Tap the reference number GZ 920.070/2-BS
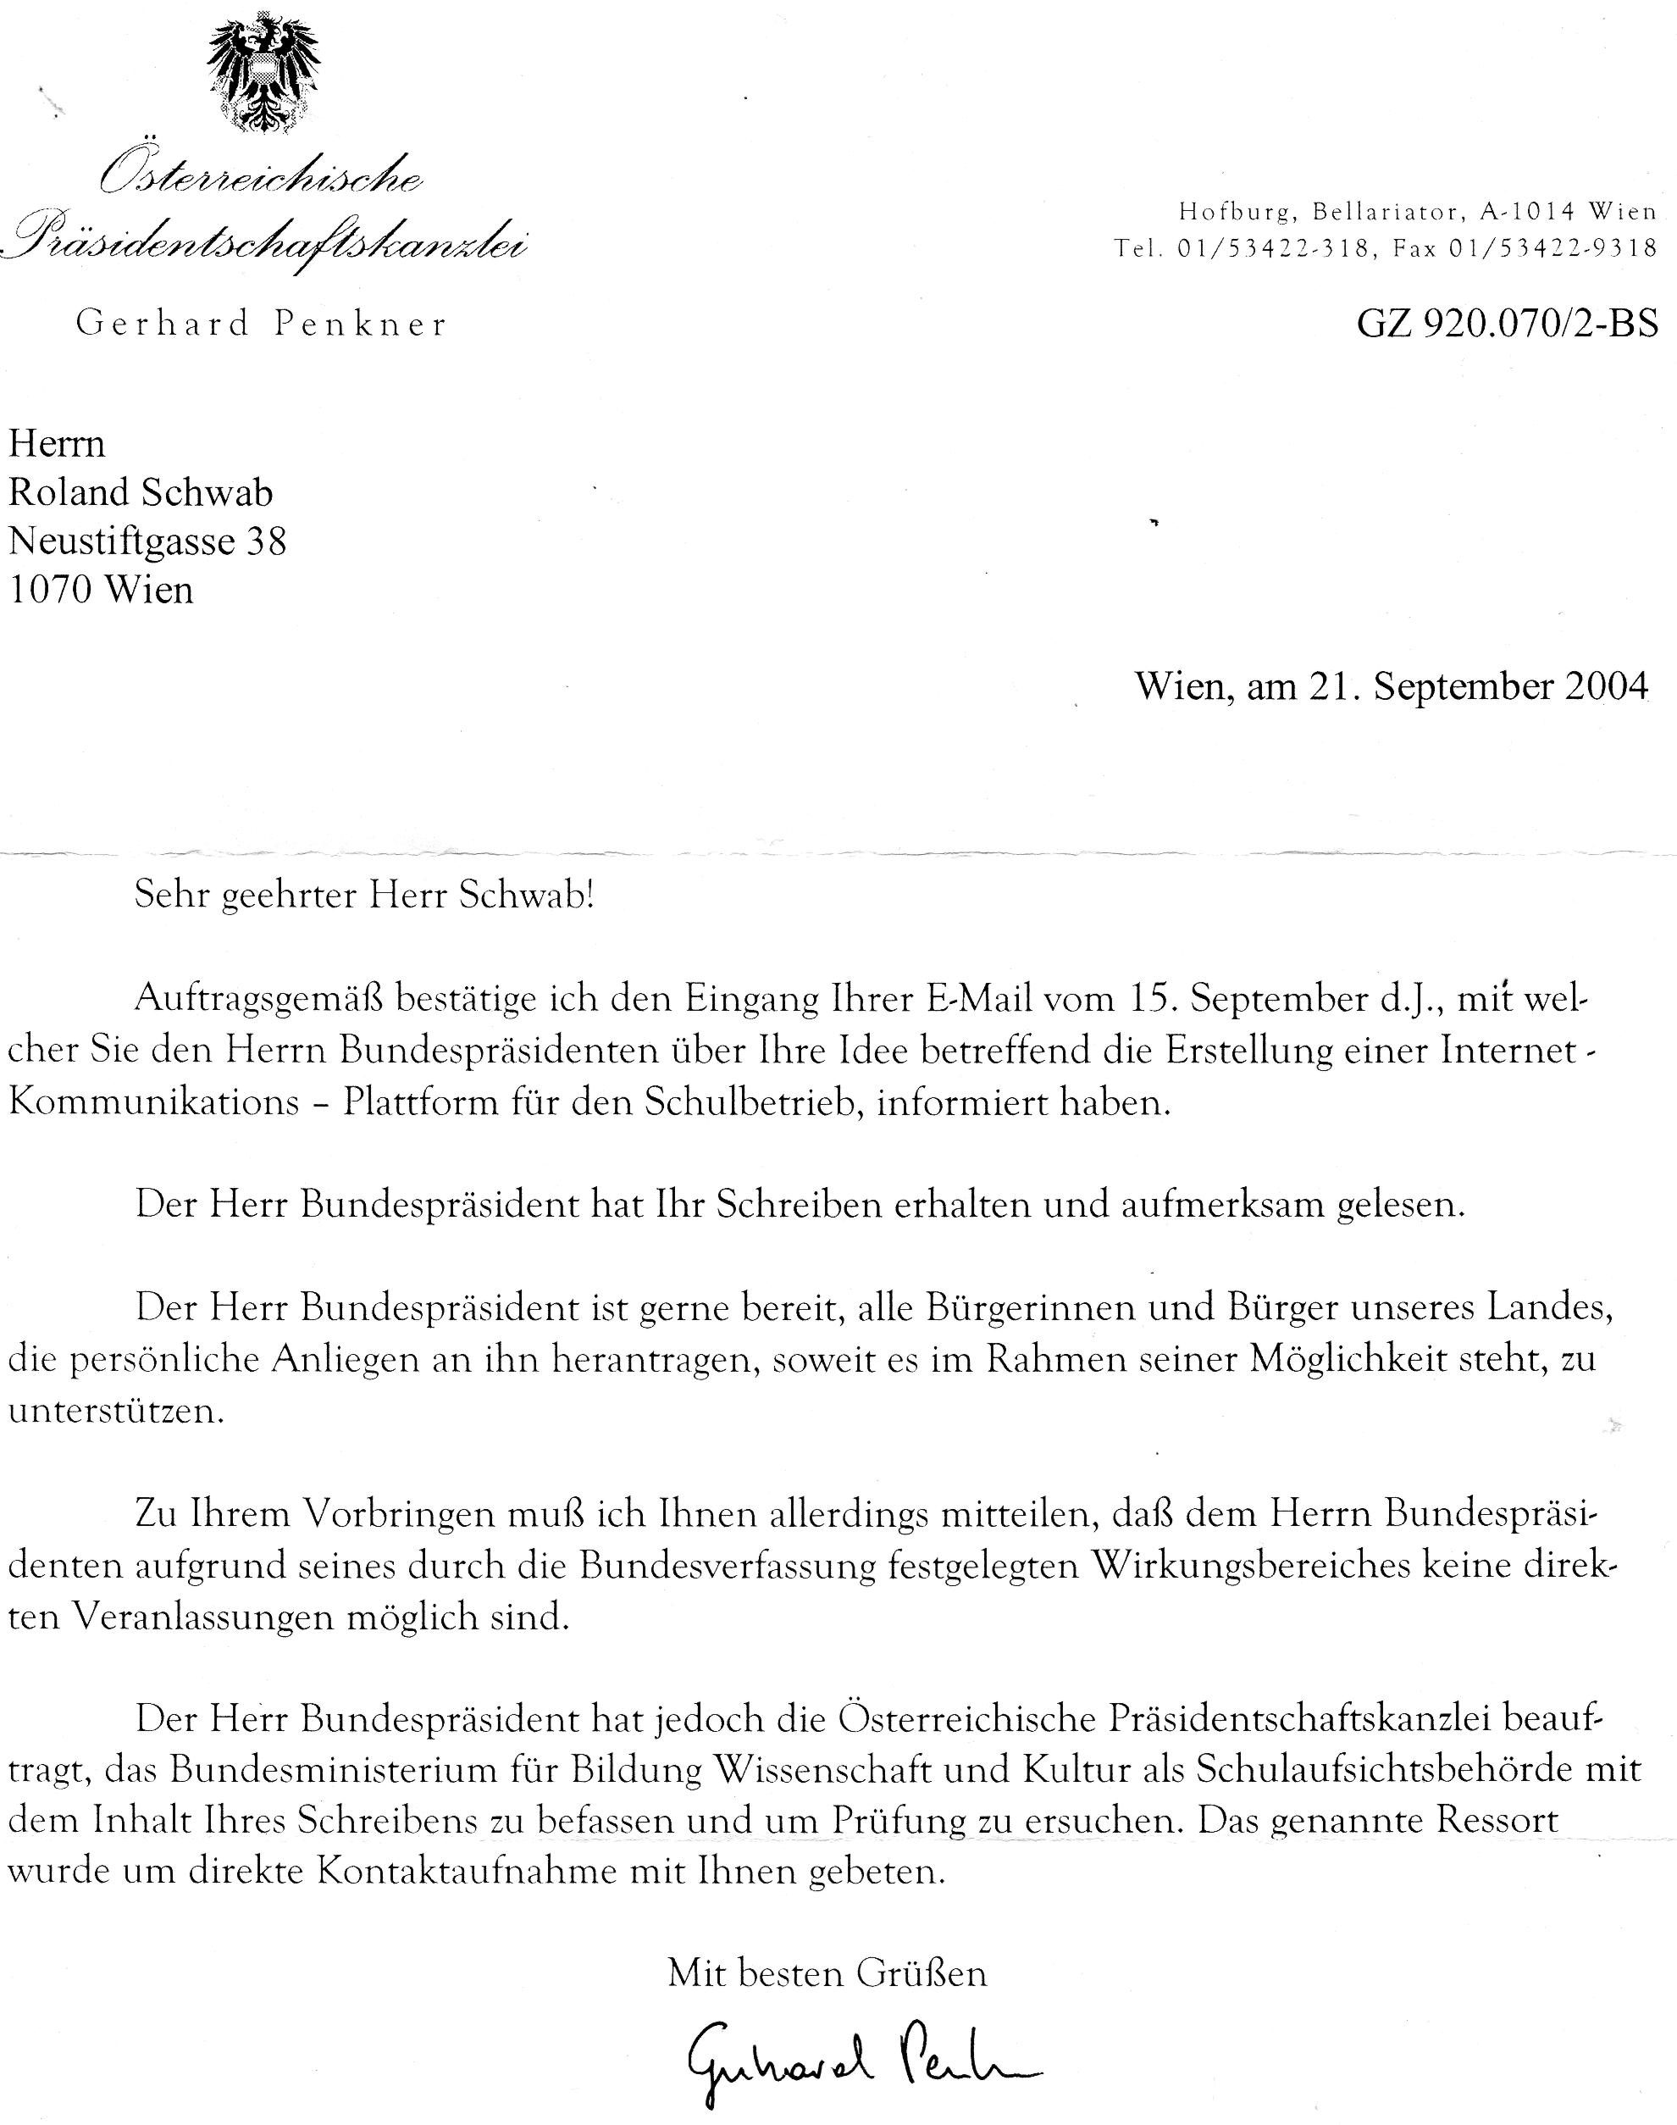pos(1507,323)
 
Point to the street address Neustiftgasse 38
pos(147,541)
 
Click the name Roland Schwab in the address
pos(141,492)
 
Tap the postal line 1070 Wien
pos(100,589)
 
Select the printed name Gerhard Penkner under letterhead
pos(261,324)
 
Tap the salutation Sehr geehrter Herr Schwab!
pos(364,896)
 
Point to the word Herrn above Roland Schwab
pos(56,444)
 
